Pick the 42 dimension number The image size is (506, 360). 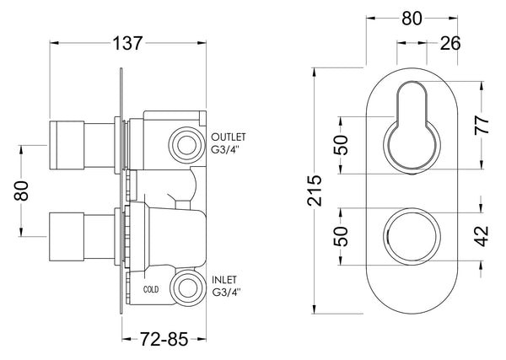tap(482, 233)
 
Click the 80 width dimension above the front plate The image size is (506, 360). tap(409, 19)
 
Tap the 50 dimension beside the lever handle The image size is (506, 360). tap(340, 144)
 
